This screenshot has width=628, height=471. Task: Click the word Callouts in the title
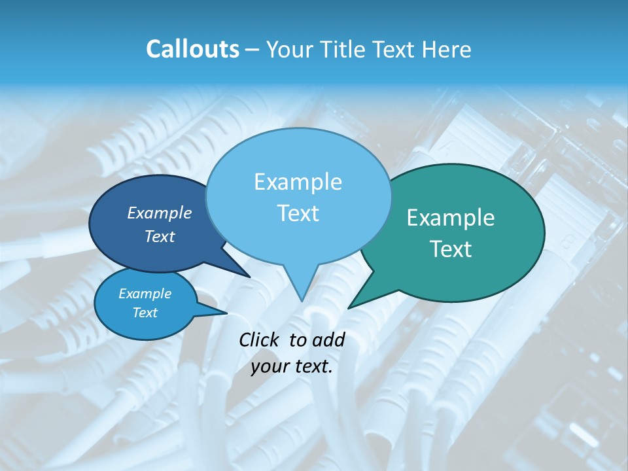point(192,49)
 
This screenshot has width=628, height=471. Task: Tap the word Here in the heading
point(445,49)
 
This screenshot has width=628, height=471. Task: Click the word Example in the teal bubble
point(451,218)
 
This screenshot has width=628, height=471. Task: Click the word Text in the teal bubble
point(451,249)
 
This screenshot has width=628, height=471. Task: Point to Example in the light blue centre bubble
point(298,182)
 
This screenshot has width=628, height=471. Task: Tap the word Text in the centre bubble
point(298,213)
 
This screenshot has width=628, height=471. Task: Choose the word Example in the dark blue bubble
point(160,213)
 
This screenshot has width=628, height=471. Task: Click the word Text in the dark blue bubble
point(160,236)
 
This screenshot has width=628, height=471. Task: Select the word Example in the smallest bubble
point(145,294)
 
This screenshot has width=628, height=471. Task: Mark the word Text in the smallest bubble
point(145,313)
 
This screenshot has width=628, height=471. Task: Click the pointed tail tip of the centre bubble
point(302,300)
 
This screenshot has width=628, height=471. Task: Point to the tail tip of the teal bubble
point(349,307)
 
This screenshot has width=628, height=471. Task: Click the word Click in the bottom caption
point(260,340)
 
